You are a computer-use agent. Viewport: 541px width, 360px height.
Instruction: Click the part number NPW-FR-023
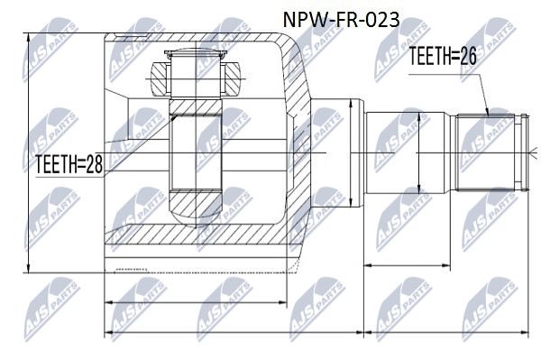(341, 20)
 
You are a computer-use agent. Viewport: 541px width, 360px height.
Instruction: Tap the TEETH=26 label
(443, 56)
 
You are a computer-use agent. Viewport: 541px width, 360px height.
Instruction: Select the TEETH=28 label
(69, 164)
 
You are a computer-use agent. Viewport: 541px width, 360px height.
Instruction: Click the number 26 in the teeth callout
(467, 56)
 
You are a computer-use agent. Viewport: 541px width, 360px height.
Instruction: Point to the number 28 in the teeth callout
(94, 164)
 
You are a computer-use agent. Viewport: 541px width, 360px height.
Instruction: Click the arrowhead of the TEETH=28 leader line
(174, 118)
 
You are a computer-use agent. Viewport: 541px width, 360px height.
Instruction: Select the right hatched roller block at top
(231, 79)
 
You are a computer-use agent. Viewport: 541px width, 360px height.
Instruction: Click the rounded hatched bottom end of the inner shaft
(196, 208)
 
